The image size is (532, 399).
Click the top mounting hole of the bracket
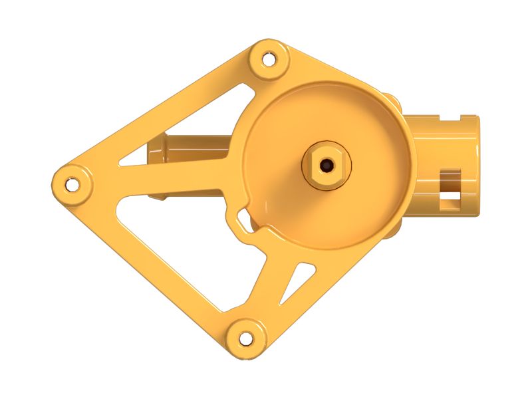[x=269, y=59]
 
